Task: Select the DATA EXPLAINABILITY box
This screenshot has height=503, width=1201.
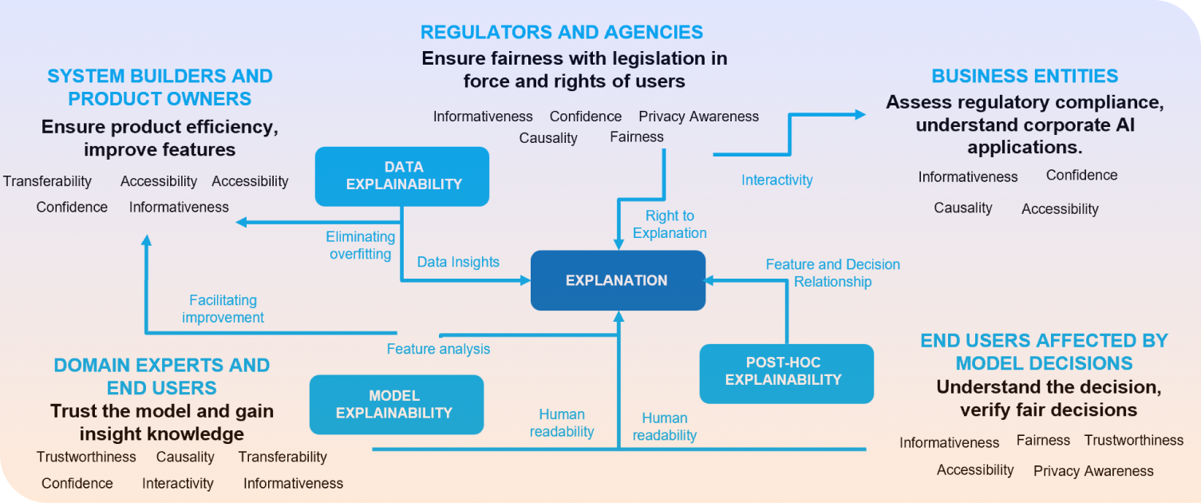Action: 401,176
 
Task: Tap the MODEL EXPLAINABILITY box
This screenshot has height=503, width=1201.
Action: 396,405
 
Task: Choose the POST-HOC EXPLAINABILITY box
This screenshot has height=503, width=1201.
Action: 786,373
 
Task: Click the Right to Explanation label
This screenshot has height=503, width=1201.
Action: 670,224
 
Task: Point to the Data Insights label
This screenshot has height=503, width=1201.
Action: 458,262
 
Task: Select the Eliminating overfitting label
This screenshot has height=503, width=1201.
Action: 360,245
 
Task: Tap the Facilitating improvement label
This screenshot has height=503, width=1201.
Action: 223,309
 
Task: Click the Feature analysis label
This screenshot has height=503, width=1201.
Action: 438,349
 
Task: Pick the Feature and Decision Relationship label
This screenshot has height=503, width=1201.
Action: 832,273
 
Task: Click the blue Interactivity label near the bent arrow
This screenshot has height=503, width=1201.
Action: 776,180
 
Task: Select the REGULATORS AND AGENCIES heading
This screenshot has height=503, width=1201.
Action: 561,33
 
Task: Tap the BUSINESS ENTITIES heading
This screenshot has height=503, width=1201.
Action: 1025,77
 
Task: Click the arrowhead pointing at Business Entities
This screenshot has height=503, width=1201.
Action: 860,114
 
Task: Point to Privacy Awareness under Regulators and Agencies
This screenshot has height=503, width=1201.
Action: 698,117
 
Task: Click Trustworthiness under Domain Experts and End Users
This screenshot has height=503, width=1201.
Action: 86,457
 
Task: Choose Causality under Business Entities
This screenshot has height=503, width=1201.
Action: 963,208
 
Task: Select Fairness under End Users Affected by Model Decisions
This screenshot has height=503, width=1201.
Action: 1043,441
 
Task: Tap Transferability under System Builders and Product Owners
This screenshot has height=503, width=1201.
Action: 47,182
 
